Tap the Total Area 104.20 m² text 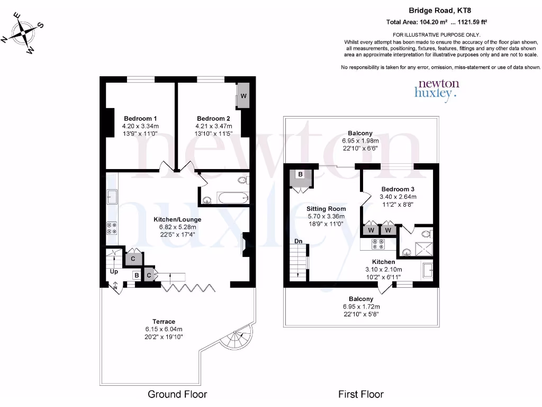tap(418, 22)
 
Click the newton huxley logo tap(438, 90)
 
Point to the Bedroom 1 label tap(140, 118)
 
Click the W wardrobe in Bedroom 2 tap(243, 96)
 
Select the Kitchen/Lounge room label tap(177, 219)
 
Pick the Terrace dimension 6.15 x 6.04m tap(164, 329)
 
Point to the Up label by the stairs tap(114, 271)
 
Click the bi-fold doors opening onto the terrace tap(188, 287)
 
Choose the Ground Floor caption tap(177, 394)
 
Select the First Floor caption tap(361, 394)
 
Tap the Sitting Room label tap(326, 209)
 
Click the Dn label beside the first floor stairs tap(299, 241)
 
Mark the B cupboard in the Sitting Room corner tap(300, 175)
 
